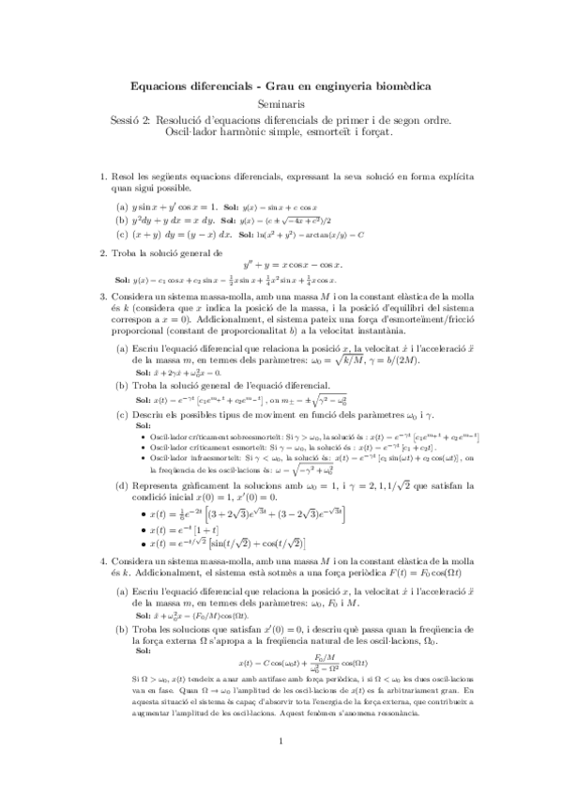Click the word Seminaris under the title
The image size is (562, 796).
point(281,104)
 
